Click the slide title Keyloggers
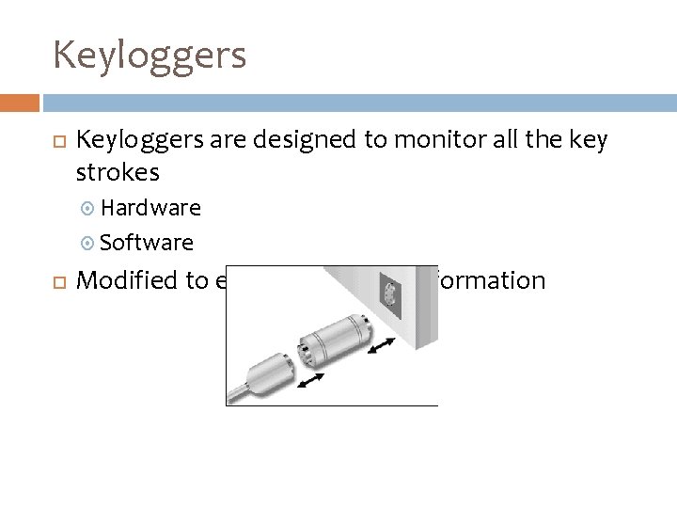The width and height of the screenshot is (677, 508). point(150,55)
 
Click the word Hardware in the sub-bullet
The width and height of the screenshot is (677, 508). point(150,207)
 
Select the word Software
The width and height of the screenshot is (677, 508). point(147,243)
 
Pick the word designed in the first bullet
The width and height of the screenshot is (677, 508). point(305,141)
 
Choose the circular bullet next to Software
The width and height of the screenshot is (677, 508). point(88,244)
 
